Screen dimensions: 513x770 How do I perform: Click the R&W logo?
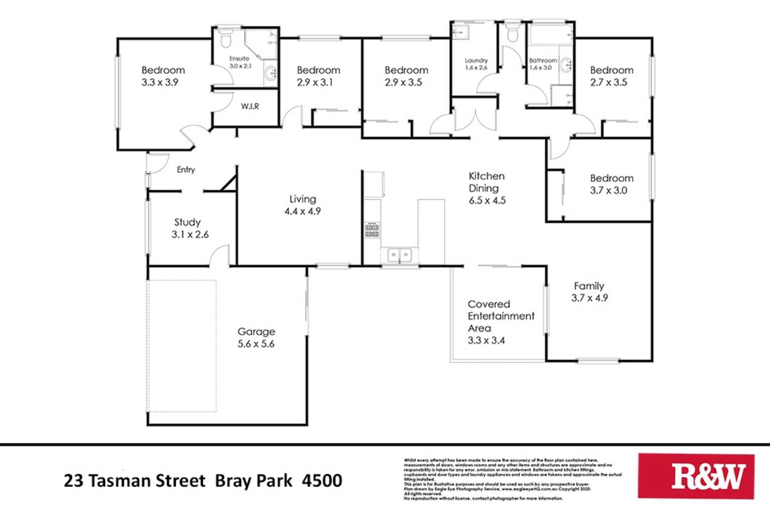coord(696,476)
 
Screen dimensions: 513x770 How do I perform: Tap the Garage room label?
coord(256,337)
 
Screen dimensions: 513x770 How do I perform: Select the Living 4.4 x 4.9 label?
coord(302,205)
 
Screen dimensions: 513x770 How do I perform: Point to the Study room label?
coord(189,228)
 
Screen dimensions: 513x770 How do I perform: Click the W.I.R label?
coord(249,106)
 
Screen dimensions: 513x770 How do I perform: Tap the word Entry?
coord(186,170)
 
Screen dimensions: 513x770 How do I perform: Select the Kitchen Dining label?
coord(486,188)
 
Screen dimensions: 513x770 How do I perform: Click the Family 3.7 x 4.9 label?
coord(589,292)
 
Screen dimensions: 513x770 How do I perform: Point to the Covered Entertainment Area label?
coord(500,322)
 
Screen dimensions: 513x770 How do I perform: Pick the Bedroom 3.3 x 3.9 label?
coord(163,76)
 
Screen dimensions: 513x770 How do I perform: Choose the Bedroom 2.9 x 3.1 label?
coord(318,76)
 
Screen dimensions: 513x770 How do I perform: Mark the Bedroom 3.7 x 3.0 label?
coord(611,184)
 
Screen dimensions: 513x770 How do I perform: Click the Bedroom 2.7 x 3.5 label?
coord(611,76)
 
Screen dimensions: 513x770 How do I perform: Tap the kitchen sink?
coord(400,256)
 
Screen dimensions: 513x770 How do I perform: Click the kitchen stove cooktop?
coord(372,230)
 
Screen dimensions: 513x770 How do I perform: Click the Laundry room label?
coord(476,64)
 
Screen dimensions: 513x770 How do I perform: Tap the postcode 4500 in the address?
coord(322,481)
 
